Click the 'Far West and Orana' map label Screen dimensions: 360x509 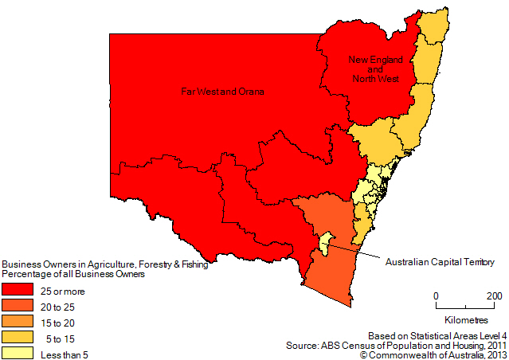(222, 92)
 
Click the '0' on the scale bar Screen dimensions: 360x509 (436, 295)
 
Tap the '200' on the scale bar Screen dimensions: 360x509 (494, 295)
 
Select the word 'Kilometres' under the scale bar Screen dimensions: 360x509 (465, 319)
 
